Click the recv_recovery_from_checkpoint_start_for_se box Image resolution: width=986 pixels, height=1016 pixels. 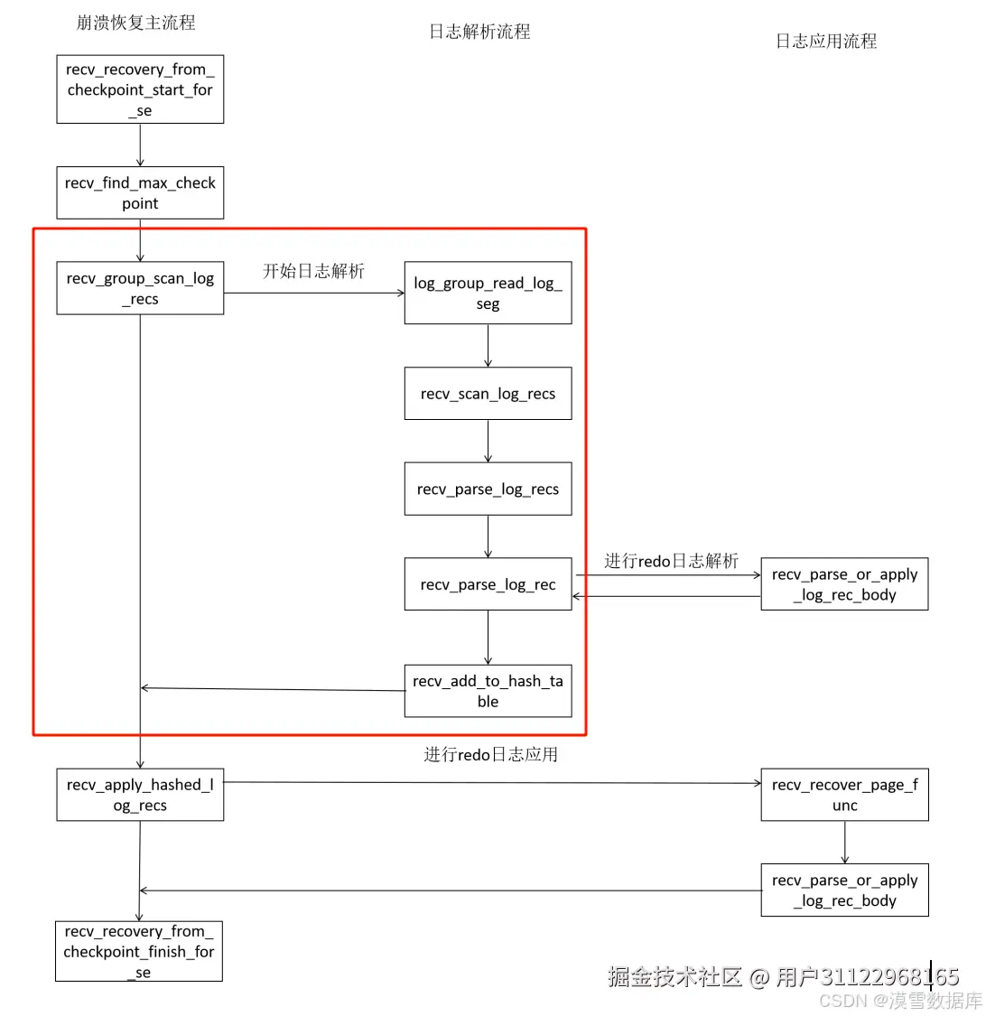click(x=140, y=89)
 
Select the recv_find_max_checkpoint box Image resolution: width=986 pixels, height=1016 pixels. click(x=140, y=192)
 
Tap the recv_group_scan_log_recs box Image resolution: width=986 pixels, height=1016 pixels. click(x=140, y=288)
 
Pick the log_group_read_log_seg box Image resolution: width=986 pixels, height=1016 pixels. click(x=488, y=293)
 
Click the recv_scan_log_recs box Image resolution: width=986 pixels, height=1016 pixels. click(x=488, y=393)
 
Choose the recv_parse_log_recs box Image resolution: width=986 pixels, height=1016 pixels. click(x=488, y=489)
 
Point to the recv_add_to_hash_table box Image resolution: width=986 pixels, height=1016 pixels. click(x=488, y=691)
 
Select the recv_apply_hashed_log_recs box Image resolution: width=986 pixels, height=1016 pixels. click(x=140, y=795)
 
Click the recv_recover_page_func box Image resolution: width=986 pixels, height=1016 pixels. click(x=844, y=795)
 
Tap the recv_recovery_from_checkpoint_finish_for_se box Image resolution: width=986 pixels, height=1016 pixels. click(x=139, y=951)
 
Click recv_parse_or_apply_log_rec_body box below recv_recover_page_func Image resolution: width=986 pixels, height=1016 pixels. click(x=844, y=890)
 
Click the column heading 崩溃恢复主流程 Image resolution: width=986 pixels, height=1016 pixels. click(x=135, y=23)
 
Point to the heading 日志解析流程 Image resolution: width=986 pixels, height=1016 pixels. click(x=479, y=32)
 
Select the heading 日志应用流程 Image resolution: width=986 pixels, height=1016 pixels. click(x=826, y=41)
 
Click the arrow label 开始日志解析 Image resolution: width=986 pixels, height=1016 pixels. click(x=313, y=271)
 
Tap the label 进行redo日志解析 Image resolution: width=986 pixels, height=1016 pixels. click(x=671, y=561)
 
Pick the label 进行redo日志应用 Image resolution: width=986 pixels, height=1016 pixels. click(x=490, y=754)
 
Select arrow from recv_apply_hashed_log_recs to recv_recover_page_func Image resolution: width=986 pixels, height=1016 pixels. click(x=492, y=783)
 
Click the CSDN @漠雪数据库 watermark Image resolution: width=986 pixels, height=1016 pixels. click(x=900, y=1001)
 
